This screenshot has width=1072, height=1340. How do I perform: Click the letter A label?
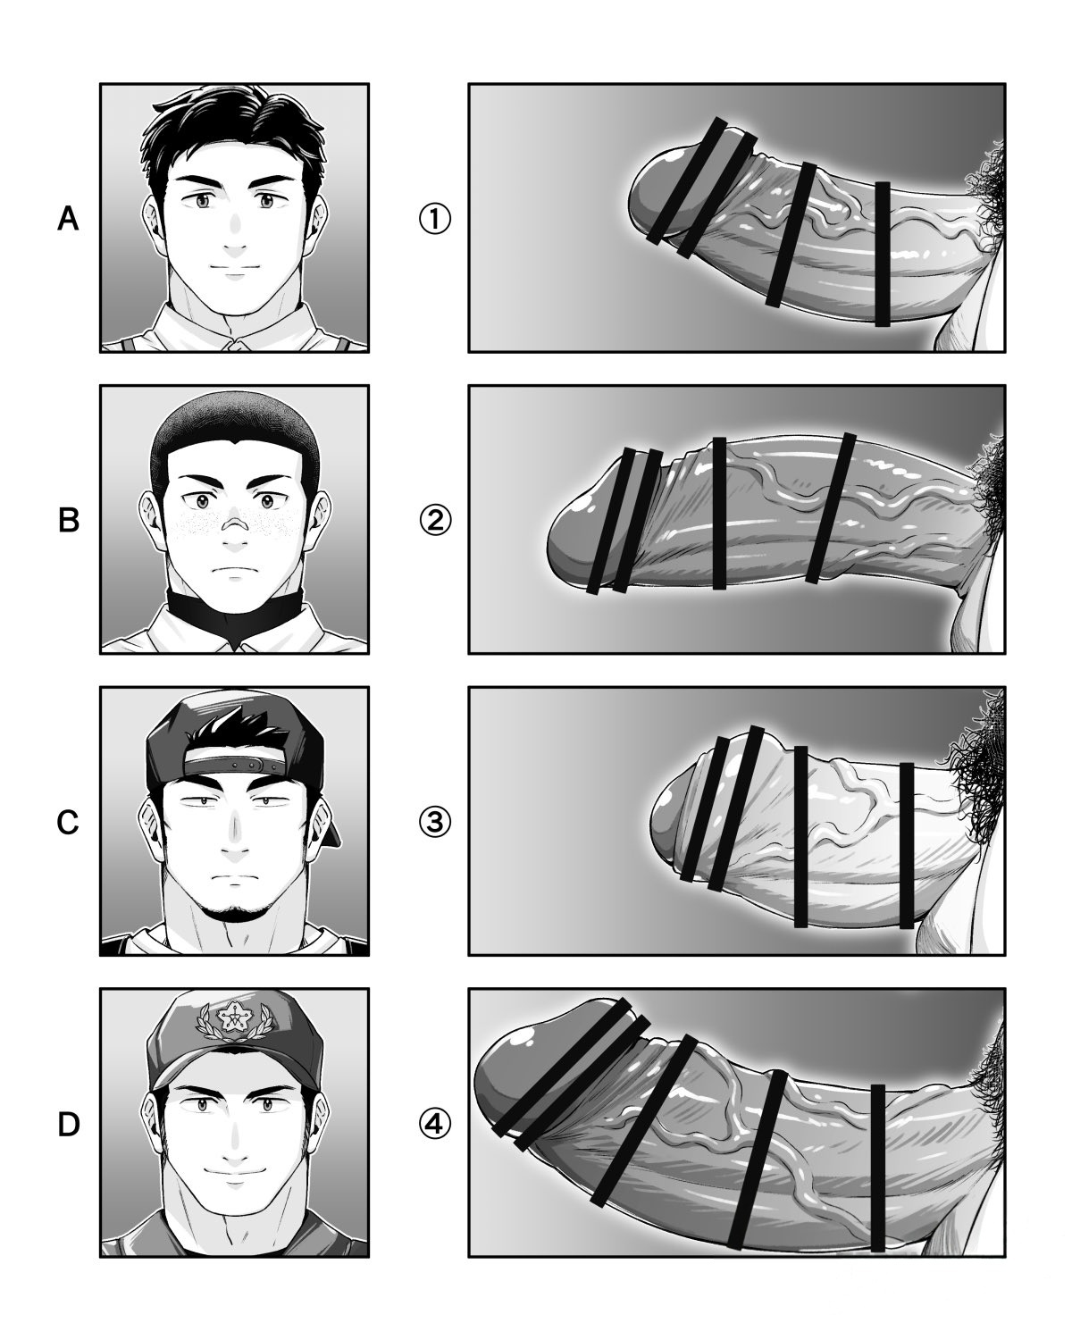pyautogui.click(x=68, y=219)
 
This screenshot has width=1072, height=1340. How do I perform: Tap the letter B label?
pyautogui.click(x=68, y=521)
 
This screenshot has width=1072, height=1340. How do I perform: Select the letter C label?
pyautogui.click(x=67, y=822)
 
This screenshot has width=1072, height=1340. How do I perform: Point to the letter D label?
pyautogui.click(x=68, y=1125)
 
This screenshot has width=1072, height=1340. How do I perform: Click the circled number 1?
pyautogui.click(x=434, y=219)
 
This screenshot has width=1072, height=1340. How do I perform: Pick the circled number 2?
pyautogui.click(x=434, y=521)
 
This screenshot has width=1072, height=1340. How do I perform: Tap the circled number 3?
pyautogui.click(x=434, y=823)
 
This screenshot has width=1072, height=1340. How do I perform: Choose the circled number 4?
pyautogui.click(x=434, y=1125)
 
